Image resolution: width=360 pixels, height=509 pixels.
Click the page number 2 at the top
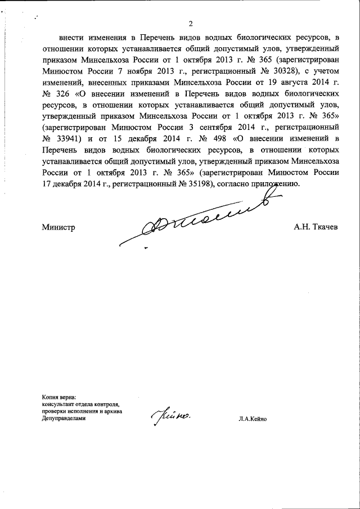click(x=191, y=24)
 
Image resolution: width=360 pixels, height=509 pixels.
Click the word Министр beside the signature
click(x=58, y=227)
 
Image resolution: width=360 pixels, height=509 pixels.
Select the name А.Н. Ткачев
click(x=316, y=227)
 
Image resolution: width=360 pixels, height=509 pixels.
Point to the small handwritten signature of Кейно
click(x=171, y=417)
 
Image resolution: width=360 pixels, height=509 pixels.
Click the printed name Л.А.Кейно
click(x=256, y=419)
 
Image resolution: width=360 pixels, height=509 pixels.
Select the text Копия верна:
click(x=58, y=397)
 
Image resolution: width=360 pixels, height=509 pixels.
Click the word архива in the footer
click(x=111, y=412)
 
